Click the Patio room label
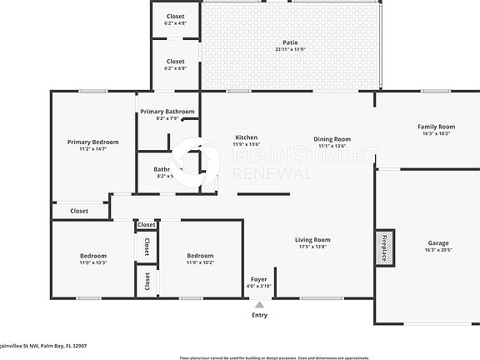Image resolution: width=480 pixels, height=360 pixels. tap(290, 42)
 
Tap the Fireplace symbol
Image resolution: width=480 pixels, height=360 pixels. tap(385, 247)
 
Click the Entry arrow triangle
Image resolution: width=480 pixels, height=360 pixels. tap(259, 305)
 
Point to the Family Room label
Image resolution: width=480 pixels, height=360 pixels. tap(436, 127)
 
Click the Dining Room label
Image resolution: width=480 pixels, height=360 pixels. tap(332, 139)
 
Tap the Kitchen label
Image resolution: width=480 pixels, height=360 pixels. tap(246, 137)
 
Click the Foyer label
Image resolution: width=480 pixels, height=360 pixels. tap(259, 279)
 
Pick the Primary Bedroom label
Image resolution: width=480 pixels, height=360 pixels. tap(92, 142)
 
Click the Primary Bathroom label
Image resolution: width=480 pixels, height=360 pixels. tap(167, 112)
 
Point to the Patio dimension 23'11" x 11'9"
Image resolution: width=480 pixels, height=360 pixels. tap(290, 49)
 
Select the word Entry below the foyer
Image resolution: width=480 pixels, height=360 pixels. tap(260, 315)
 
